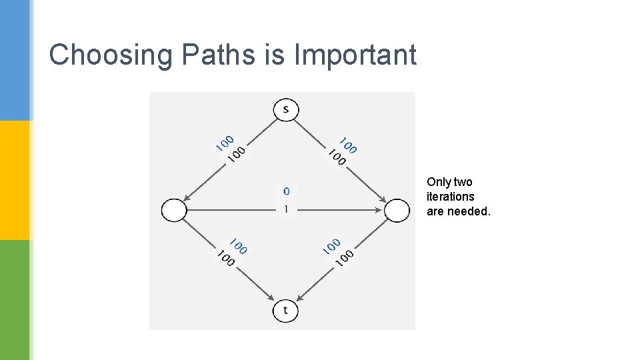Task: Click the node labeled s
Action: coord(286,109)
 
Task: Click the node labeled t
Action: coord(285,311)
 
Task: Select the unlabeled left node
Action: coord(174,211)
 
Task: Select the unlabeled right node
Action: coord(397,211)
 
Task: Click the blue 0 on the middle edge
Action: coord(287,191)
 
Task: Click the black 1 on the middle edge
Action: coord(287,209)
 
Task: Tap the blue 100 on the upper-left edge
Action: coord(224,142)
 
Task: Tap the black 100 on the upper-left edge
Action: coord(236,154)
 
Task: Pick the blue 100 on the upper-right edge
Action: coord(348,145)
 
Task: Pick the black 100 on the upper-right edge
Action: coord(337,157)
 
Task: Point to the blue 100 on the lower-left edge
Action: coord(238,245)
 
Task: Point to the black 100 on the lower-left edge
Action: coord(225,258)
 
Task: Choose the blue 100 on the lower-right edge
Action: coord(331,246)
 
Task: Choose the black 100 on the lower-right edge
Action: coord(345,259)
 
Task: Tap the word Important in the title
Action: coord(355,55)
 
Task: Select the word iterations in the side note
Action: coord(451,197)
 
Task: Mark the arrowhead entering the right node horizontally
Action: coord(380,211)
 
